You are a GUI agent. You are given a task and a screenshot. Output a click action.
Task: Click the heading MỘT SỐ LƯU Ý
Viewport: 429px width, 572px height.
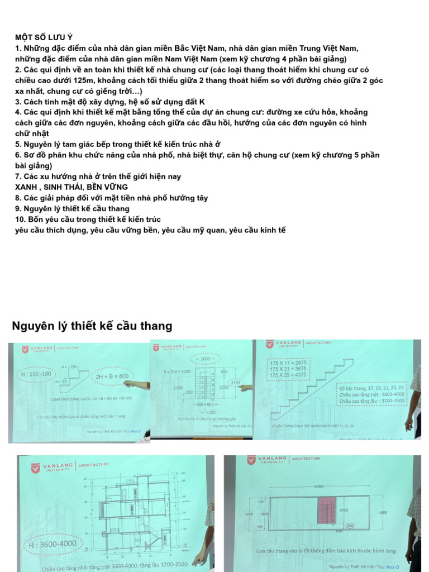[x=44, y=37]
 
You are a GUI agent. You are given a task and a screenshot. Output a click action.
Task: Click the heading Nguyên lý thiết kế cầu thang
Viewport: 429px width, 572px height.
[x=92, y=326]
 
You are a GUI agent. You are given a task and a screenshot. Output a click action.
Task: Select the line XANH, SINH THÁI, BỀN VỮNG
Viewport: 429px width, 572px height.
[x=71, y=187]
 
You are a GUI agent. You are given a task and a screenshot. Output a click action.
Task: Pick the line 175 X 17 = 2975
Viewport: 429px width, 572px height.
[x=288, y=363]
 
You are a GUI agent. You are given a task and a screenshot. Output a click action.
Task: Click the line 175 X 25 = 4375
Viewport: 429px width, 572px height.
[x=288, y=375]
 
